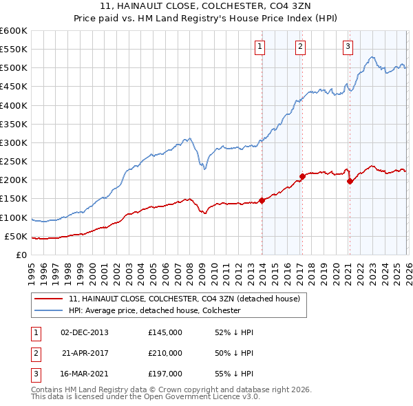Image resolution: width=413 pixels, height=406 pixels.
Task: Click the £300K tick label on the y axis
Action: pos(14,143)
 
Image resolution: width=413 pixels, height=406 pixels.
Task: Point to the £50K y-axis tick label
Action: pos(16,237)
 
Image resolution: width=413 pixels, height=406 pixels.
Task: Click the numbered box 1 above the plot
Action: pos(260,47)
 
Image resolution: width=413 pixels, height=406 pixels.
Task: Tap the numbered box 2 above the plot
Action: pos(301,47)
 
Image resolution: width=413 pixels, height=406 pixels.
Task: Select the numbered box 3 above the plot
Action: pos(348,47)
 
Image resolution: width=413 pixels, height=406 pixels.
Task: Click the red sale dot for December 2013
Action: pos(262,200)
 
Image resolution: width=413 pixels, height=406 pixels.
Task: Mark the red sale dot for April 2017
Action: pos(302,176)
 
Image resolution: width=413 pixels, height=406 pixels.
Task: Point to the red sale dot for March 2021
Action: pos(350,181)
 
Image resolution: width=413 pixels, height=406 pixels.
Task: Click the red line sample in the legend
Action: pos(49,299)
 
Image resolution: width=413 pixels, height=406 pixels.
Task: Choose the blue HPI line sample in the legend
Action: pos(49,310)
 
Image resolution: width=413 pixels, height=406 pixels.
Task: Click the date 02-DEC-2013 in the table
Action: pos(85,332)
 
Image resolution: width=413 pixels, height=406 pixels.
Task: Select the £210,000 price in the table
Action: pos(165,353)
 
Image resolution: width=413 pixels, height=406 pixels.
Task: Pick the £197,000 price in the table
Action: pos(165,374)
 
